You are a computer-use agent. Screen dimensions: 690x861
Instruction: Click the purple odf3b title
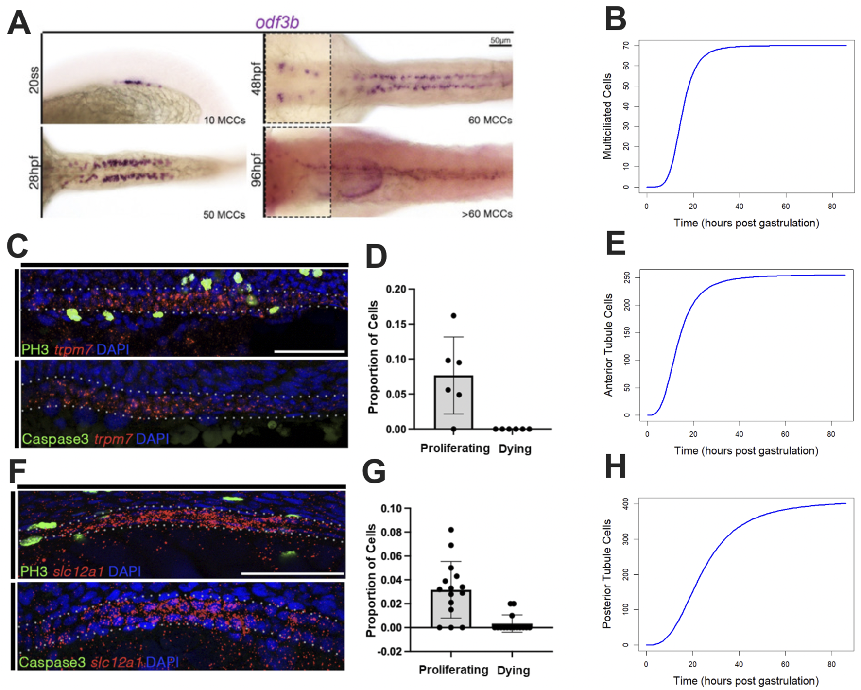[277, 22]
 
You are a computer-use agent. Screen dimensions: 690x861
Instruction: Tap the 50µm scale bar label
[500, 40]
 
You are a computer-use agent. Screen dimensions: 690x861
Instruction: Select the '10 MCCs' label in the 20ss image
[224, 120]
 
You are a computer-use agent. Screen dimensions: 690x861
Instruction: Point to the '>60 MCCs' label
[487, 214]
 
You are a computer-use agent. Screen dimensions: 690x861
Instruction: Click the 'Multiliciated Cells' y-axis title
[607, 117]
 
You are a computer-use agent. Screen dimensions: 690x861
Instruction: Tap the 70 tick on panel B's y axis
[626, 46]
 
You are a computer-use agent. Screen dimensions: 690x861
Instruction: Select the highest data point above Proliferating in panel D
[453, 316]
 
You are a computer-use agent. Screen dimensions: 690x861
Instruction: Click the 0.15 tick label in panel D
[396, 324]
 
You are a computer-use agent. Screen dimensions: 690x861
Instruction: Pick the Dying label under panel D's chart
[515, 448]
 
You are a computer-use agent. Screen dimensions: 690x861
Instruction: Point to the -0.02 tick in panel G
[391, 651]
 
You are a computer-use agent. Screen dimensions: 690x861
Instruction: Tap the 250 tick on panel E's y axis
[627, 277]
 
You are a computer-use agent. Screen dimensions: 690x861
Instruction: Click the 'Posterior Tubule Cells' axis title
[607, 573]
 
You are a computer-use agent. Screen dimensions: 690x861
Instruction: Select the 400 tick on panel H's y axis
[626, 504]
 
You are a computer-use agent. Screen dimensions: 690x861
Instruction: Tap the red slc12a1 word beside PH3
[78, 571]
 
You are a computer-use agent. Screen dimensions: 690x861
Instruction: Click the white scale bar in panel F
[293, 574]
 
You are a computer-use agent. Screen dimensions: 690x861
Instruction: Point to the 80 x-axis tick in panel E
[831, 434]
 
